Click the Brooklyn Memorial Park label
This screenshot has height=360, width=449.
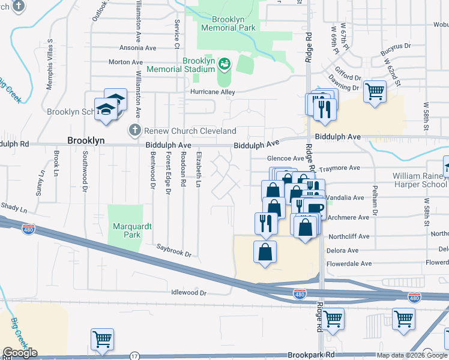(228, 23)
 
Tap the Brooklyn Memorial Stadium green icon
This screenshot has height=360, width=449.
(224, 62)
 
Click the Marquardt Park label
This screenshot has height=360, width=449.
(126, 230)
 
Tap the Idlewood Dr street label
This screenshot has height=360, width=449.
(188, 293)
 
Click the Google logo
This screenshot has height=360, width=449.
(20, 353)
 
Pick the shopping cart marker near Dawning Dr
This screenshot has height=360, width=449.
(375, 92)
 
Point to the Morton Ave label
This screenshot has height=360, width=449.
(125, 62)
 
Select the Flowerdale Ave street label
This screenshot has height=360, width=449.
(349, 263)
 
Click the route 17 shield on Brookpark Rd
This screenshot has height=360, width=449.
(134, 356)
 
